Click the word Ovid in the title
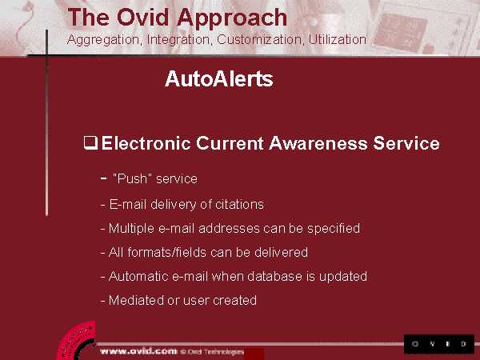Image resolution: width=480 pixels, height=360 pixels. (142, 18)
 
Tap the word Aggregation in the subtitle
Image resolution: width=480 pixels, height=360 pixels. (103, 40)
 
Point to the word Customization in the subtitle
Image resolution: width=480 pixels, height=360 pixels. (259, 39)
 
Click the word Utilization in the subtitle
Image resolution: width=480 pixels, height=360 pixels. (337, 39)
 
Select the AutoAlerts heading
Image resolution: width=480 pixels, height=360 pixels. (219, 79)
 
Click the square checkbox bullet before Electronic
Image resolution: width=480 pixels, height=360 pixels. (90, 143)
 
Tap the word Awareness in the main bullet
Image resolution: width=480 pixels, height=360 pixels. (318, 143)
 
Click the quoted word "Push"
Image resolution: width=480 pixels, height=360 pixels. (133, 178)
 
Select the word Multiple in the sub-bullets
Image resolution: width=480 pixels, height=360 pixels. (131, 229)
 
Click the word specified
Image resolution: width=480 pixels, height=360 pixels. (334, 229)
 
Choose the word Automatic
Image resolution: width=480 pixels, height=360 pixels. (138, 277)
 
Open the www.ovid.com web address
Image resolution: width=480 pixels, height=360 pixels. (138, 351)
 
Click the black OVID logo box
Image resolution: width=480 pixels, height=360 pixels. (439, 344)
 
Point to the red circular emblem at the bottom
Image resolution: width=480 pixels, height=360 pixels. (77, 341)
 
